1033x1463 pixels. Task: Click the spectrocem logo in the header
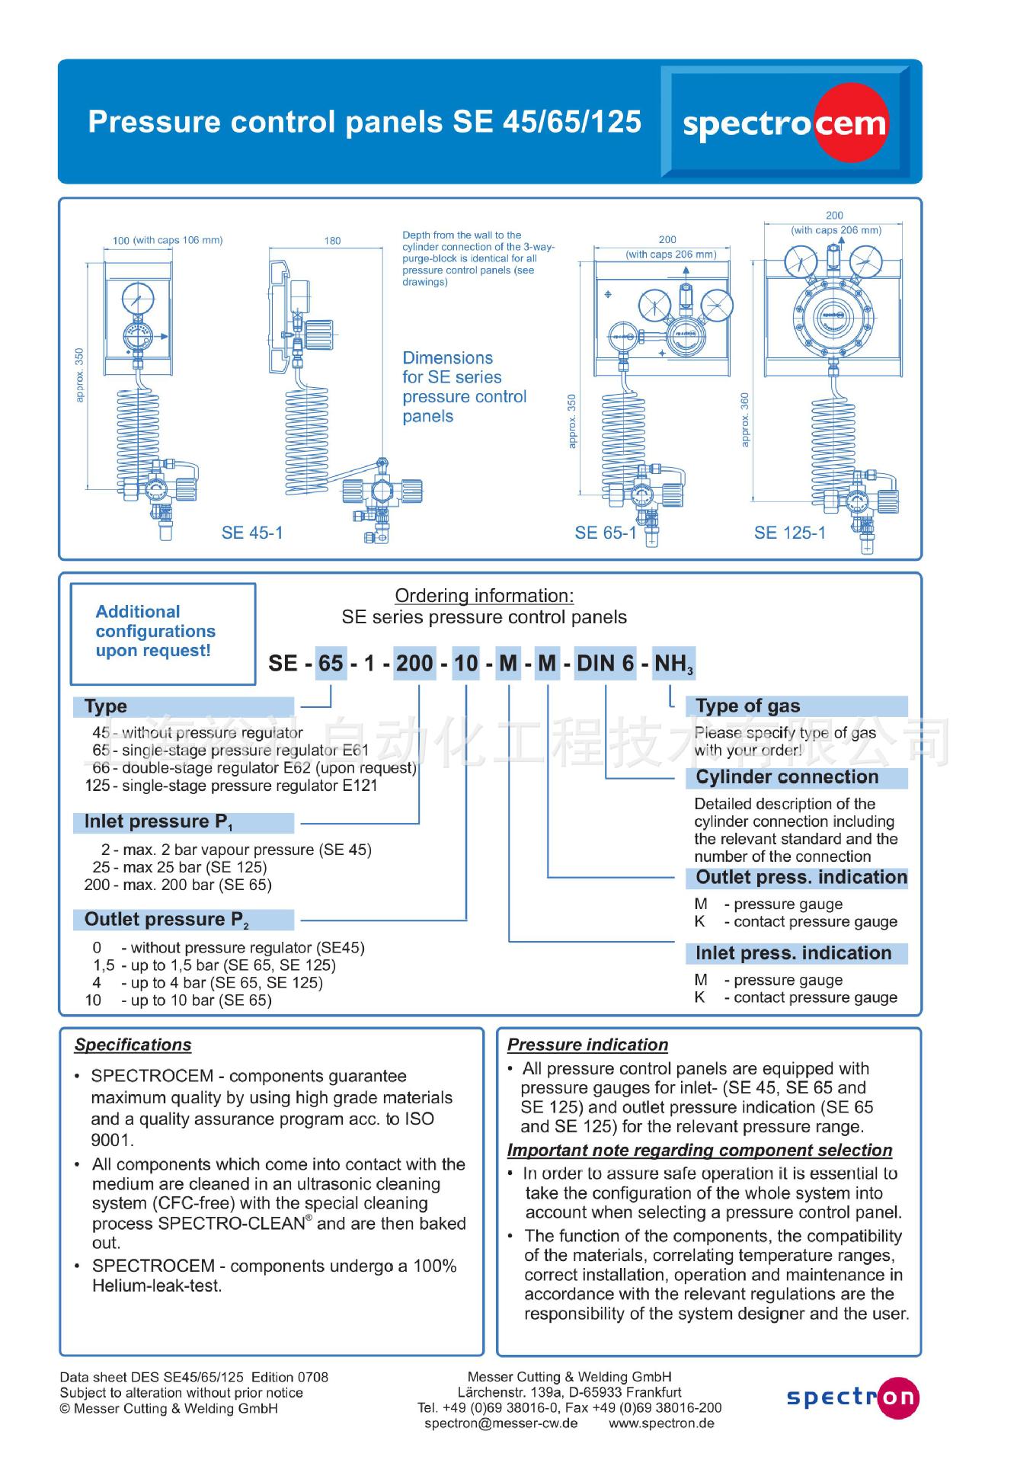[785, 123]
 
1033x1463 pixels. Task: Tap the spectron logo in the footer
[852, 1397]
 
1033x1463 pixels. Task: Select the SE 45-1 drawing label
[252, 533]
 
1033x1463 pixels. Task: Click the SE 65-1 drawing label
[606, 533]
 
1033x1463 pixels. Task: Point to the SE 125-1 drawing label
[790, 533]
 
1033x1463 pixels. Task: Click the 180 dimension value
[332, 241]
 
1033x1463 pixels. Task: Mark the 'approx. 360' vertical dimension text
[745, 419]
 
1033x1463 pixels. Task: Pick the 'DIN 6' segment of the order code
[606, 663]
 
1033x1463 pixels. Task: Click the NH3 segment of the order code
[673, 664]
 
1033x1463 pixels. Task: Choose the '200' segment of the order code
[414, 663]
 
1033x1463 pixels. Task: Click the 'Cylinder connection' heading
[787, 777]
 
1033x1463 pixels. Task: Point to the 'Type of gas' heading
[748, 706]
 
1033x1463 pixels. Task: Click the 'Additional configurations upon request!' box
[162, 632]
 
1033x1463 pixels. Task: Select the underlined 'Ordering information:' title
[484, 596]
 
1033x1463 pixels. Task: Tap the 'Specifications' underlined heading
[133, 1045]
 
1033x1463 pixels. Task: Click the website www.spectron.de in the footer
[661, 1423]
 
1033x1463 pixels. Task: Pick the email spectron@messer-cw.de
[501, 1423]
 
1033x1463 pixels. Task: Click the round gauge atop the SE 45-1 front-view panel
[138, 297]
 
